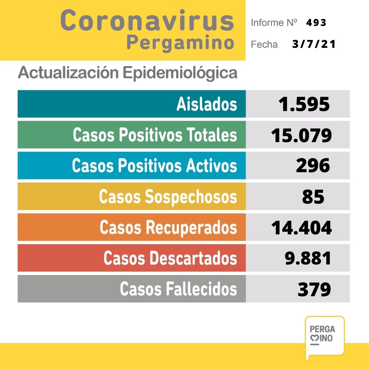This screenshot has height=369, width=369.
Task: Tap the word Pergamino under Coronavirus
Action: click(180, 43)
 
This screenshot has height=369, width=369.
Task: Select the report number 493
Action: click(316, 23)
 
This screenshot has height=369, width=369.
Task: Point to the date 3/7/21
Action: click(314, 44)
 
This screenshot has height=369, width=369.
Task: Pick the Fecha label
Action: click(264, 44)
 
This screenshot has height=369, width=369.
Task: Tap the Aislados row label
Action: click(207, 104)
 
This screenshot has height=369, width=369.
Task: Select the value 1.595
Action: click(304, 104)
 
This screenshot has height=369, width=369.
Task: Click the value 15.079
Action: click(301, 135)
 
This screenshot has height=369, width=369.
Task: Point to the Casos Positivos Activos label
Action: click(154, 166)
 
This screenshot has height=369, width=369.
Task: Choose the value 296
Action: click(313, 166)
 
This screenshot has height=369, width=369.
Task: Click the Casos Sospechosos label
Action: click(168, 197)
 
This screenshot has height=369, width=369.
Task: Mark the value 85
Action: click(313, 197)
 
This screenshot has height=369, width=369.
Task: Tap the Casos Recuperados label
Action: click(168, 228)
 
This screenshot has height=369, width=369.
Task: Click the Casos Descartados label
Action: click(170, 258)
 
